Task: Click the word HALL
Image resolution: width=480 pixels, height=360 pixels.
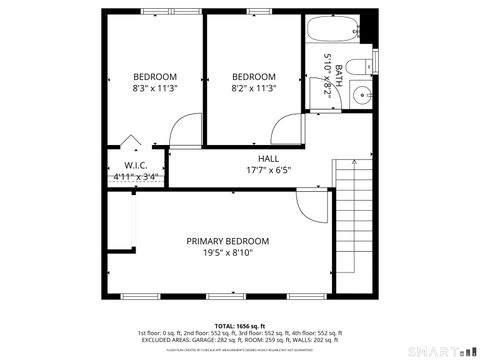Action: pos(268,158)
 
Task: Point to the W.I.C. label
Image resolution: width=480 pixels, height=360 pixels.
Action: pos(137,165)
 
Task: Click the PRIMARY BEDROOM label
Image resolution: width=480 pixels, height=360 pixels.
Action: pos(228,241)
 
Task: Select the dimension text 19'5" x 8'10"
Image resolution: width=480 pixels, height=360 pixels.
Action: pos(228,253)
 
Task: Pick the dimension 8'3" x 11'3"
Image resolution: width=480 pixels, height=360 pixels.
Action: pos(155,88)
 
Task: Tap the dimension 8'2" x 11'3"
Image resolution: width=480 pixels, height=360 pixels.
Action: pos(253,88)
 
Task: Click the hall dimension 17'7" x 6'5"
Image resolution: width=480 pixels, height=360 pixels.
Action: pos(268,170)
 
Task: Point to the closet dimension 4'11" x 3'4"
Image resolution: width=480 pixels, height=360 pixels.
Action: pos(137,177)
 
